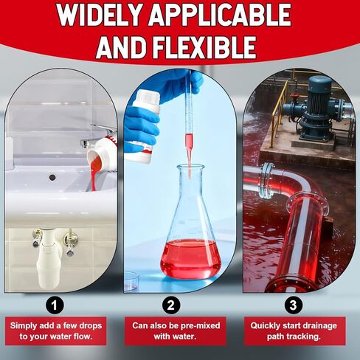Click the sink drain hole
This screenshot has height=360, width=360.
(52, 177)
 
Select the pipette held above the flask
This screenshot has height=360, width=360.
(188, 125)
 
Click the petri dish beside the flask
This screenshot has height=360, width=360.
(131, 279)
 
